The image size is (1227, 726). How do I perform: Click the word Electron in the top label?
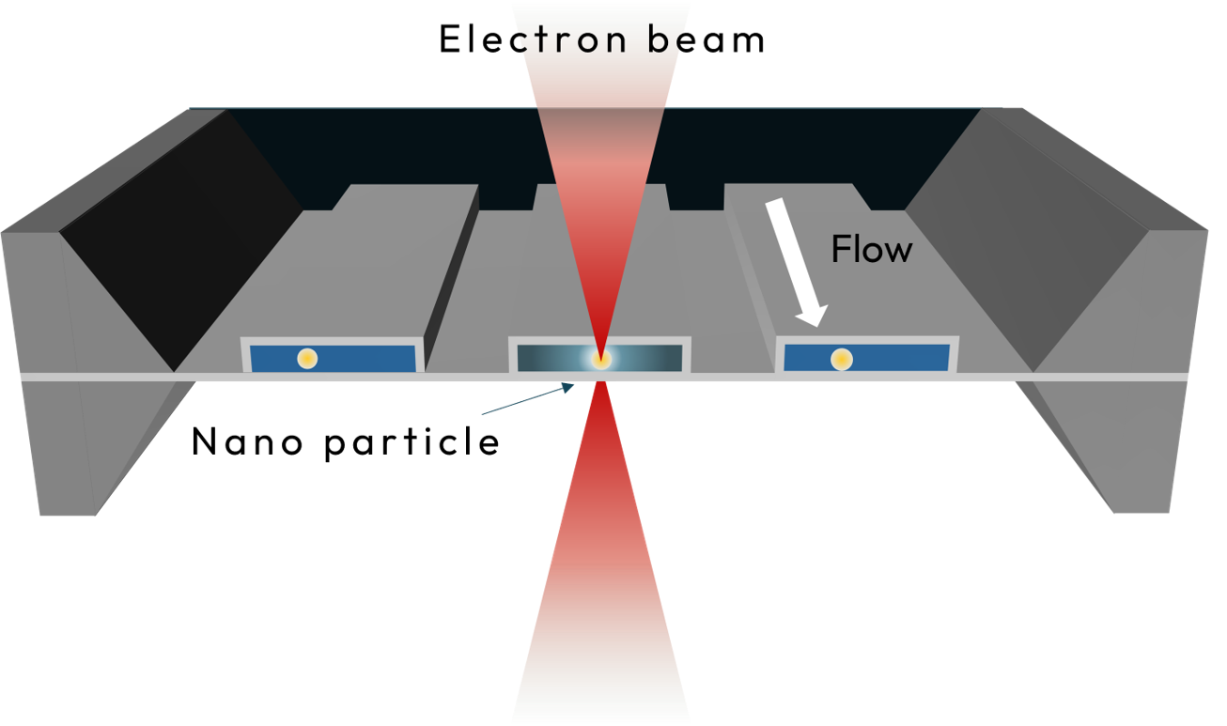click(x=533, y=39)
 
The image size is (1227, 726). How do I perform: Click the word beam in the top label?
click(x=707, y=39)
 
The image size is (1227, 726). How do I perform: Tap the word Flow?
click(x=872, y=249)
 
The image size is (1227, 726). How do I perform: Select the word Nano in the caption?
click(x=246, y=441)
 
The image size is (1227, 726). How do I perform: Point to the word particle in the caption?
click(x=412, y=442)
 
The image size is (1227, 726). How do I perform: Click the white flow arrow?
click(x=797, y=263)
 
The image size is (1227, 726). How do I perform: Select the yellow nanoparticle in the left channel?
click(x=307, y=358)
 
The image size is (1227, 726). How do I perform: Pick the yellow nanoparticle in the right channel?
click(x=842, y=359)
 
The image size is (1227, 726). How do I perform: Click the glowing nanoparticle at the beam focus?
click(x=601, y=359)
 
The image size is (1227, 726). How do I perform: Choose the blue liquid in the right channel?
click(x=898, y=358)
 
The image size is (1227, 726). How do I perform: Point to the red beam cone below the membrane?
click(x=601, y=548)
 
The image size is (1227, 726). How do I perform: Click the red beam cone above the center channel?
click(x=601, y=180)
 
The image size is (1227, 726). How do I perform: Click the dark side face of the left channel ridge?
click(x=452, y=279)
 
